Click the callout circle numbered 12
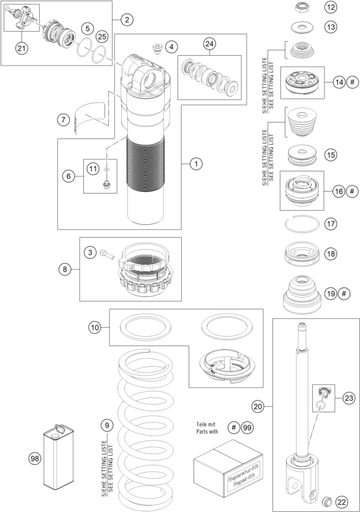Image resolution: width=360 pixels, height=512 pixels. [x=331, y=7]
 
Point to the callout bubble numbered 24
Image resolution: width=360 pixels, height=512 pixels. [x=209, y=43]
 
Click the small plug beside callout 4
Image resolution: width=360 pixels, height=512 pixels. [x=159, y=49]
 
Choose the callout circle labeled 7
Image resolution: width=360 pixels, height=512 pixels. [x=63, y=119]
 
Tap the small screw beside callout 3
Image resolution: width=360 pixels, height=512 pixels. [x=107, y=254]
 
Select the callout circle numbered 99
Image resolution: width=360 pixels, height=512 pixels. [x=247, y=427]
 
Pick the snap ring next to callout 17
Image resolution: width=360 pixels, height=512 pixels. [x=302, y=224]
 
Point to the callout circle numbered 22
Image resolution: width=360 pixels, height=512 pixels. [x=342, y=502]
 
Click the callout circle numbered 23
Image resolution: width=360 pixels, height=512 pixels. [x=349, y=398]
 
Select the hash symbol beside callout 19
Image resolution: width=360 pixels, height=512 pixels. [x=343, y=293]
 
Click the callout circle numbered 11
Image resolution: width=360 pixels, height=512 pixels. [x=93, y=168]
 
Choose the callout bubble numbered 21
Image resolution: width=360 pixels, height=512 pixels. [x=21, y=48]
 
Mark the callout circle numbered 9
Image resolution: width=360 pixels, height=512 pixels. [x=107, y=425]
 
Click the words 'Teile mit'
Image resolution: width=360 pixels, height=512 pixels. [x=206, y=424]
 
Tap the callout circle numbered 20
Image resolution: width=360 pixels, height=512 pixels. [x=258, y=407]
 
